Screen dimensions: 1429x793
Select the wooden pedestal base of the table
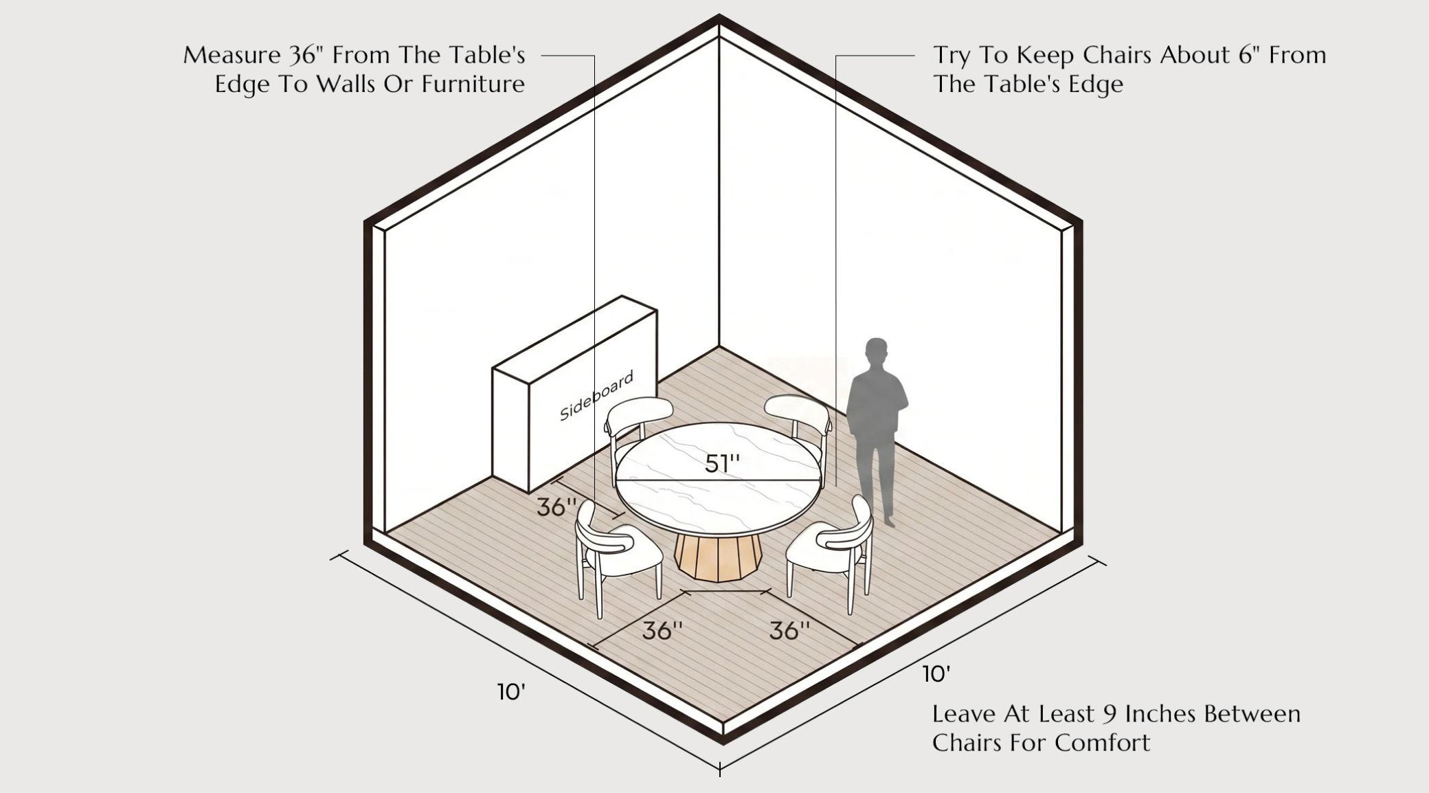[x=718, y=557]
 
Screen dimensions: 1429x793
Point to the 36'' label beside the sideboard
[x=556, y=507]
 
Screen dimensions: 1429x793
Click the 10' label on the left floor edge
[x=512, y=692]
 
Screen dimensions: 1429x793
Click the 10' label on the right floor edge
[x=936, y=674]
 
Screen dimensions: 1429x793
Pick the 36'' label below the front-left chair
[x=662, y=631]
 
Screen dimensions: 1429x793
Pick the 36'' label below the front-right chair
[x=789, y=631]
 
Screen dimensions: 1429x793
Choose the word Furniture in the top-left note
[x=473, y=84]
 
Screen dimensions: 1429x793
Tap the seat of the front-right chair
[x=818, y=547]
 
